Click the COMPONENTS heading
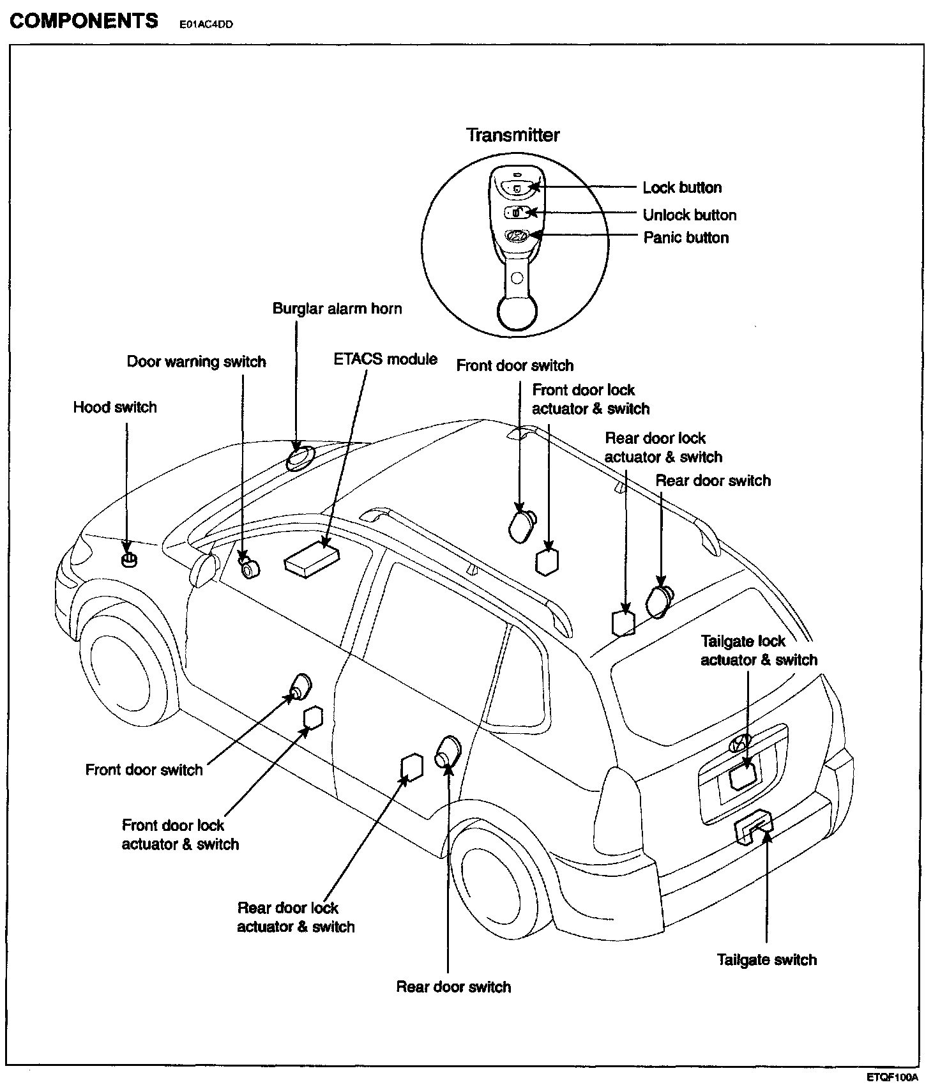click(84, 20)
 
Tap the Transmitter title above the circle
click(512, 135)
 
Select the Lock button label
click(682, 188)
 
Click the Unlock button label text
click(690, 215)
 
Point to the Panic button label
click(686, 238)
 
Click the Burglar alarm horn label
click(337, 308)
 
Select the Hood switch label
click(115, 407)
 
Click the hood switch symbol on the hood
click(129, 560)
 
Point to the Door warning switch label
click(196, 361)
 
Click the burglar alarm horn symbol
click(299, 458)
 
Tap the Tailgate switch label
click(766, 960)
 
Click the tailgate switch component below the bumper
click(754, 830)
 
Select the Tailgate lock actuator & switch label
click(759, 650)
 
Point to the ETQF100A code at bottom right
click(892, 1077)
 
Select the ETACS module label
click(385, 359)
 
